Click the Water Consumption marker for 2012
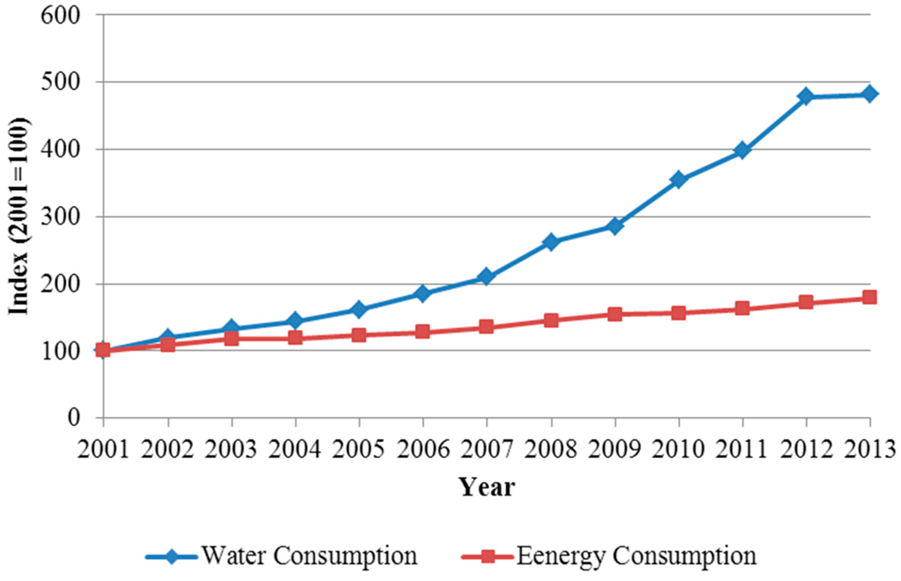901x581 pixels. [806, 96]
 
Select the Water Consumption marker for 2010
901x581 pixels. [678, 180]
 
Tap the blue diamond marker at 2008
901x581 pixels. [551, 242]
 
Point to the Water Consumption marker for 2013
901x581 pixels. [869, 94]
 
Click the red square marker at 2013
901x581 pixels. [869, 298]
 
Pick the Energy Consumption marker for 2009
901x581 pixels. [614, 314]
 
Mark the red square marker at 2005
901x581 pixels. [359, 335]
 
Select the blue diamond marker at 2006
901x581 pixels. [422, 293]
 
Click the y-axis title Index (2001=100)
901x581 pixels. [19, 216]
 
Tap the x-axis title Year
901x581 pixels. [486, 487]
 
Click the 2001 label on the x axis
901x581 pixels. [103, 445]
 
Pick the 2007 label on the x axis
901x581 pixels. [487, 445]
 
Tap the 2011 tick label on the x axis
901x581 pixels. [742, 445]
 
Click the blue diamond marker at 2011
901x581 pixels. [742, 151]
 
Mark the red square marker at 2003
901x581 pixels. [231, 338]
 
